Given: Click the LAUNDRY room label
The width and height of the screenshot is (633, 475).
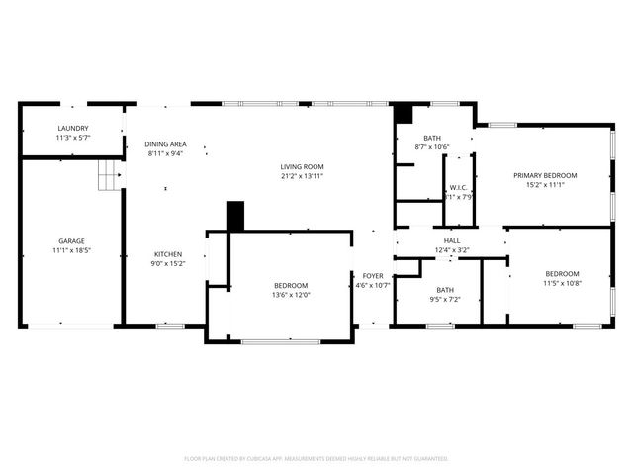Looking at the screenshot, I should [73, 128].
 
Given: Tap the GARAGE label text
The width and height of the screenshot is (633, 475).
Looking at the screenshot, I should [71, 240].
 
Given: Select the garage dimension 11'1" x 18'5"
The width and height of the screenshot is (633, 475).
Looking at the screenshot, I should [71, 251].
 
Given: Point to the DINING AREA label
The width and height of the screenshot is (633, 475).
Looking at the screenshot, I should [165, 143].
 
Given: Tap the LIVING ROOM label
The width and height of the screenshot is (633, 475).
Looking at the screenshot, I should [302, 166].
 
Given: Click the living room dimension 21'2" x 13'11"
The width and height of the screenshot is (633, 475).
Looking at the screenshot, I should [302, 176].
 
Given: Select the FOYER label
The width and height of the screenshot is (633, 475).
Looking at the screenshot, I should [373, 276].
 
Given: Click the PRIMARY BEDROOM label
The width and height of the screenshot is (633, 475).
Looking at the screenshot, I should [545, 175].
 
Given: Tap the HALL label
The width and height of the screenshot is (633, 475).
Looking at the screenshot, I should [452, 240].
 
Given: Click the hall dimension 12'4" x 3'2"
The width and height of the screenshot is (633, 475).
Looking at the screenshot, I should [452, 250].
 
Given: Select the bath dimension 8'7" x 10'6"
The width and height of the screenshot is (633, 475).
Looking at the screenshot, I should [432, 147].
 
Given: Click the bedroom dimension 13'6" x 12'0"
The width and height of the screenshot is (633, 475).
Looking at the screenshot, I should [291, 295].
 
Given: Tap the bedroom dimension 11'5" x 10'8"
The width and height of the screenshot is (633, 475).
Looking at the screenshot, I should [562, 283].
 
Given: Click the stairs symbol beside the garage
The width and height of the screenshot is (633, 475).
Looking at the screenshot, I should [108, 177].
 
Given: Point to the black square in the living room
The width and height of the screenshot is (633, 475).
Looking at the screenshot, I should [235, 215].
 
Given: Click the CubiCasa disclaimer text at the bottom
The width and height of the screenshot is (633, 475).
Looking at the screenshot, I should [316, 458].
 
